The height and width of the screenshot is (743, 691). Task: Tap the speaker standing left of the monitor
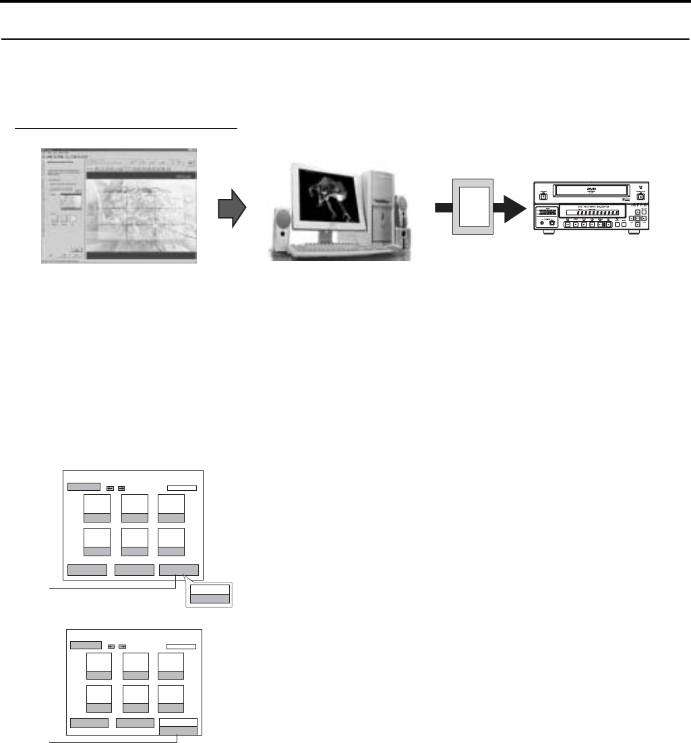point(282,225)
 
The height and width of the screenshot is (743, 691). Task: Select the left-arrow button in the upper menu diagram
point(109,487)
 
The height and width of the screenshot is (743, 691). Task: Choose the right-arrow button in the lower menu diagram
point(123,647)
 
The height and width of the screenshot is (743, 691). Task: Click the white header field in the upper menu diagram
point(181,487)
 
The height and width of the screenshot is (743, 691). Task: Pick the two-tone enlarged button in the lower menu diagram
point(179,725)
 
